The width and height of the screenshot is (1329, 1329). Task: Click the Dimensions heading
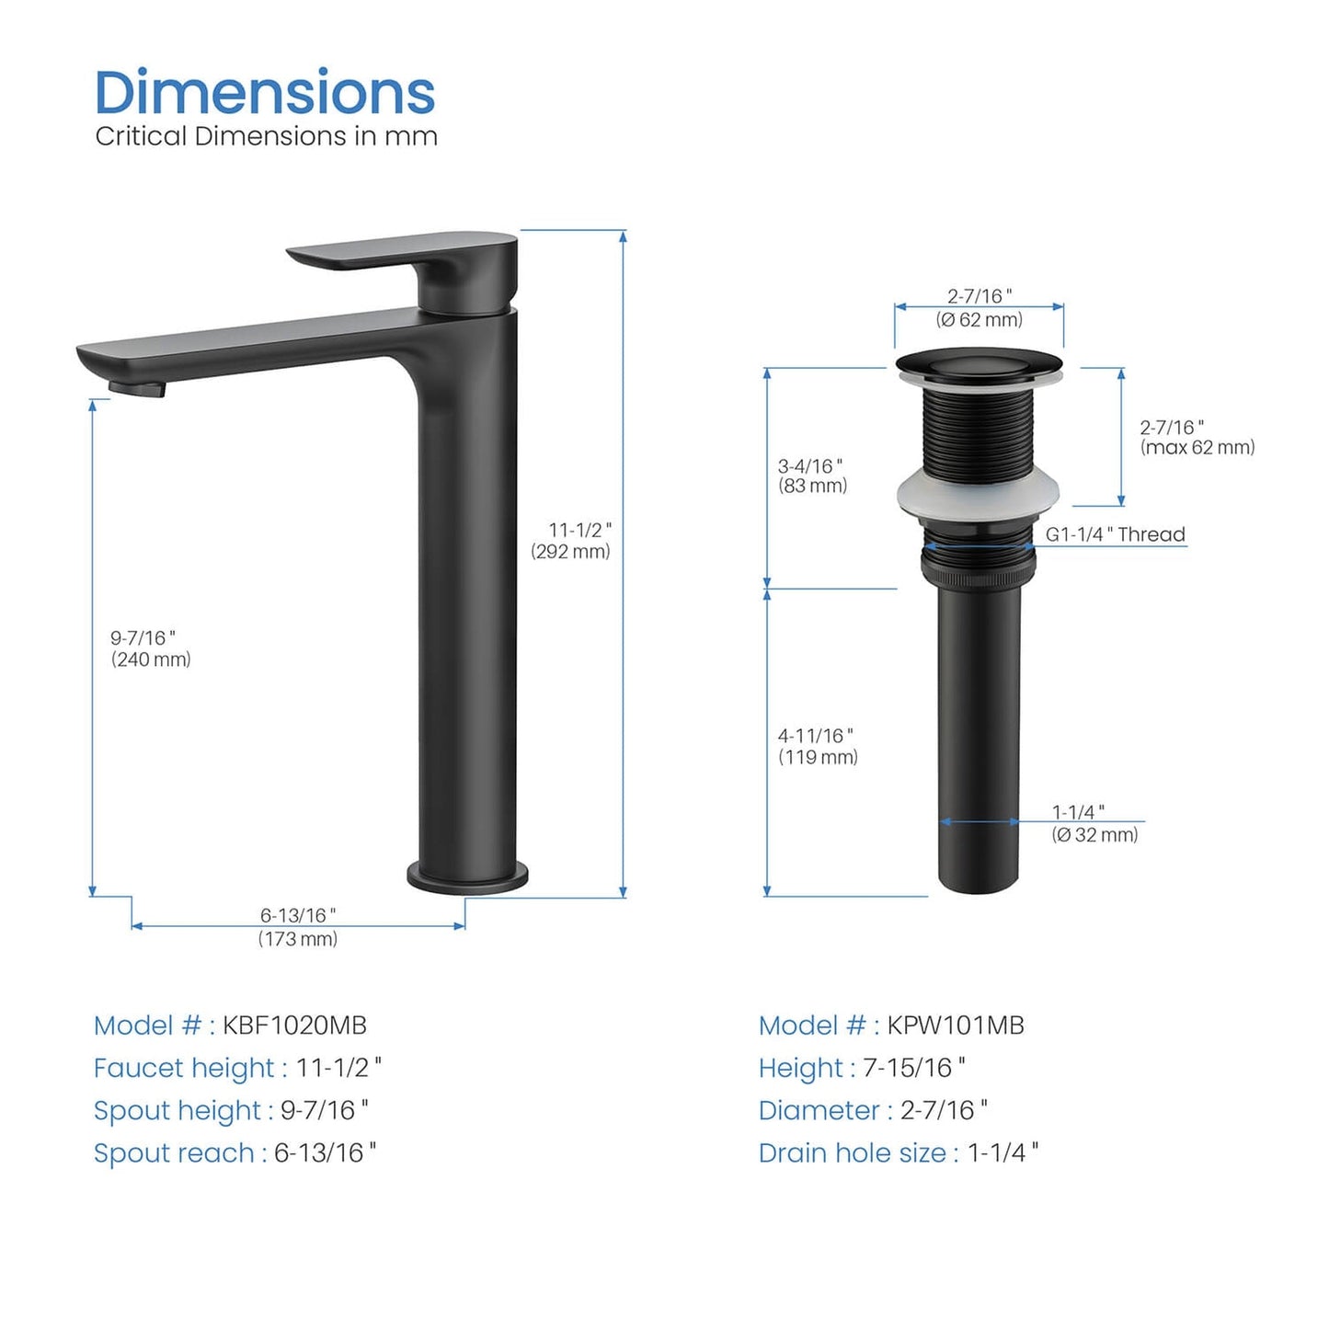tap(265, 92)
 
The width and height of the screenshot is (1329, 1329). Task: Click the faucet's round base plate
tap(467, 877)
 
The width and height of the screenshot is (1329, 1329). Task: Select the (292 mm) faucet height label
tap(570, 552)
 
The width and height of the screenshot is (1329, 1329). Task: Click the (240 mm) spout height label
tap(151, 659)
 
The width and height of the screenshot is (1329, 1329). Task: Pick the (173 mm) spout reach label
tap(298, 939)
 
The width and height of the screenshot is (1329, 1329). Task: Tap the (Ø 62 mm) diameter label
tap(979, 319)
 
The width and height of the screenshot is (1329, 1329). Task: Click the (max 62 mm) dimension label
tap(1197, 447)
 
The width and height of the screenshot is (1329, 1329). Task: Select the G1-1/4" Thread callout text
tap(1116, 533)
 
